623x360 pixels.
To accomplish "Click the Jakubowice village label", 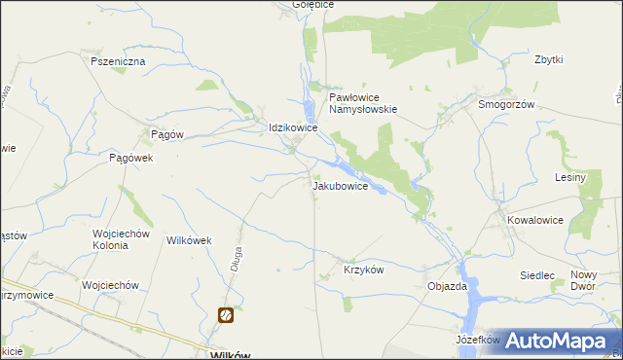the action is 340,186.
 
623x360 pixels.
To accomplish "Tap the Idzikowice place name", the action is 294,127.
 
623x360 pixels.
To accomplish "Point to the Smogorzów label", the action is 506,104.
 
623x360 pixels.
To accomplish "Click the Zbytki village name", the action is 549,59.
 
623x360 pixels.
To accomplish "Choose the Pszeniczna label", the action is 118,61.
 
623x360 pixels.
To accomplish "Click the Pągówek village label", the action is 132,157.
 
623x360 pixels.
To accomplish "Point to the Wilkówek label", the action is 190,239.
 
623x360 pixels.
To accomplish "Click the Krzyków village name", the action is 364,269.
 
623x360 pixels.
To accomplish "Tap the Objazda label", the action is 448,287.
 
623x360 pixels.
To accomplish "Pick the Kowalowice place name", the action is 534,220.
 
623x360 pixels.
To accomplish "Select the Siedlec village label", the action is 537,275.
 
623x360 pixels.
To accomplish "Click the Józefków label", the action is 477,341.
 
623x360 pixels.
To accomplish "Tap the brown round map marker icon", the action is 225,314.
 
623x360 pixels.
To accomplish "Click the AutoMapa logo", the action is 555,341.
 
